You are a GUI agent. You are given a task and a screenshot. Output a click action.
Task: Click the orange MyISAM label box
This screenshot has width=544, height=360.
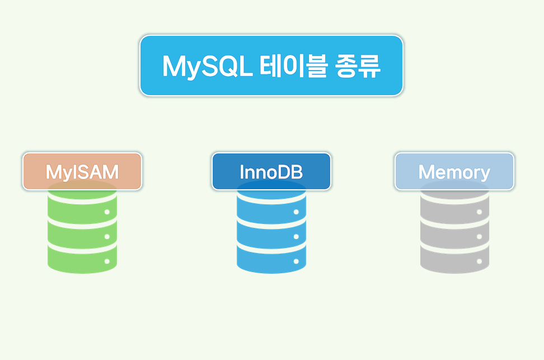pos(82,171)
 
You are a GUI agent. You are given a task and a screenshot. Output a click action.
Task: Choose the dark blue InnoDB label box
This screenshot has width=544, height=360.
pos(271,171)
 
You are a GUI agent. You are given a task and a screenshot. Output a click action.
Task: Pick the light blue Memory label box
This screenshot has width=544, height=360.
pos(454,171)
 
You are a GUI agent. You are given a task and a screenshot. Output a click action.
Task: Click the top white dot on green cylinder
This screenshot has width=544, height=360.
pos(107,212)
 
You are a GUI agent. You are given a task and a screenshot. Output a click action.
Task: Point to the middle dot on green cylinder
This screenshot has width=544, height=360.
pos(107,236)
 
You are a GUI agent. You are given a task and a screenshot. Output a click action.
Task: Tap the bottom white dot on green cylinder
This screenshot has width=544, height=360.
pos(107,261)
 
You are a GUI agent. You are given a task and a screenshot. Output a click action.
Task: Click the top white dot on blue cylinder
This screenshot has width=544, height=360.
pos(296,212)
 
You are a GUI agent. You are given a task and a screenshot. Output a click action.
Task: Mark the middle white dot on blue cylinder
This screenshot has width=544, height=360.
pos(296,236)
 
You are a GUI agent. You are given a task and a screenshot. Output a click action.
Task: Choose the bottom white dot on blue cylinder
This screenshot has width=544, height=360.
pos(296,261)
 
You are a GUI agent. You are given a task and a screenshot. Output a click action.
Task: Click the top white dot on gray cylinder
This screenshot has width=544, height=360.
pos(479,212)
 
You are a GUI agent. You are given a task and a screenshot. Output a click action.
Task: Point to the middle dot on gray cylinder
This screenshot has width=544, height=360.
pos(479,236)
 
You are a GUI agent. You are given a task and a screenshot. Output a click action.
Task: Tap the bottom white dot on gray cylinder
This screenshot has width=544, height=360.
pos(479,261)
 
